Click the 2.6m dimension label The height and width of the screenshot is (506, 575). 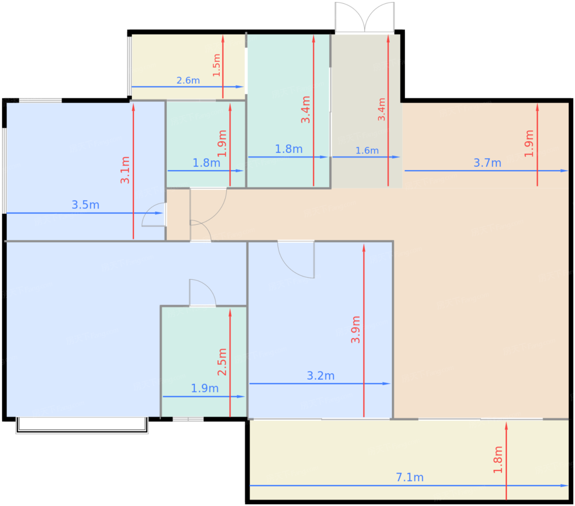(x=188, y=80)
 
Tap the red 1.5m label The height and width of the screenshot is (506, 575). (x=216, y=65)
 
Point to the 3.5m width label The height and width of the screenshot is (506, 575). (x=85, y=205)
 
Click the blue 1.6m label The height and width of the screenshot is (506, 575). (x=367, y=150)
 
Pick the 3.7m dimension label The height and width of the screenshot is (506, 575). (x=487, y=163)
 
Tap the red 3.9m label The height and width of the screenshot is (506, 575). (x=355, y=329)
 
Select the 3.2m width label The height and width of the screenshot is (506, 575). (x=321, y=375)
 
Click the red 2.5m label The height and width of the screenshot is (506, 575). (x=222, y=362)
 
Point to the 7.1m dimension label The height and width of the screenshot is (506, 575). (x=409, y=477)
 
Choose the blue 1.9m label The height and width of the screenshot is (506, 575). (x=205, y=388)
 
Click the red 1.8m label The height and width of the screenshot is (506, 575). (x=497, y=460)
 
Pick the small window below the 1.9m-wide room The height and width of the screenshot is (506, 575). (x=188, y=419)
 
